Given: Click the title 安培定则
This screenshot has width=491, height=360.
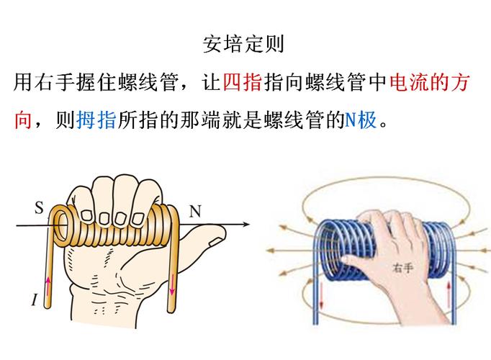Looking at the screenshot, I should (244, 43).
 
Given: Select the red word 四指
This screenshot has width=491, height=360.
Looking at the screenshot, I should (242, 82).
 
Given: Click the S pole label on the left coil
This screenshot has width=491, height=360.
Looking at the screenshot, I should (39, 209).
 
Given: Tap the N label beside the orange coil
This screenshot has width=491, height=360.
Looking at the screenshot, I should (195, 211).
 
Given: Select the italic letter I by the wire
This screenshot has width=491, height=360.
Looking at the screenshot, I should (34, 300).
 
